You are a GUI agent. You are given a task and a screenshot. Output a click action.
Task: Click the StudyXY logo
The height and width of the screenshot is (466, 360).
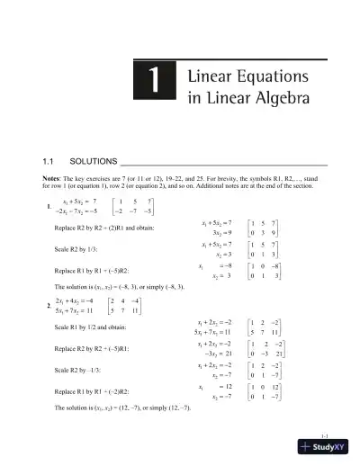coord(328,452)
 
